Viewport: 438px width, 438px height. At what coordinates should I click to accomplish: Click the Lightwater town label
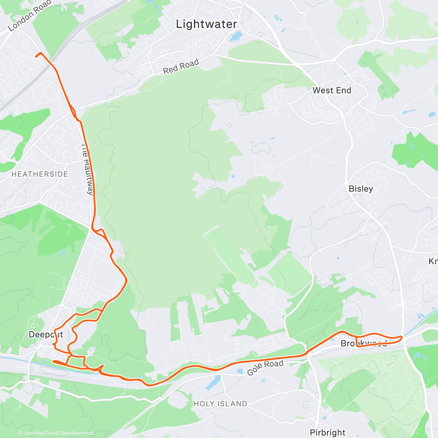point(206,24)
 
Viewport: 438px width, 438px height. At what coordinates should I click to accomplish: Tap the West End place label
point(332,90)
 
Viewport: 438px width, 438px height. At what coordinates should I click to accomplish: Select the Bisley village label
point(361,188)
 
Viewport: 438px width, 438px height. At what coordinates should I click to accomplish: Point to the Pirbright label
point(327,433)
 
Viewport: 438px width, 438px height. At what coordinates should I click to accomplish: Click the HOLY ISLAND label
point(220,404)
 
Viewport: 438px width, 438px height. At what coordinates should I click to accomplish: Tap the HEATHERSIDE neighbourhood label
point(40,174)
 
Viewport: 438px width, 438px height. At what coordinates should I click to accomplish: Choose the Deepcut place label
point(46,334)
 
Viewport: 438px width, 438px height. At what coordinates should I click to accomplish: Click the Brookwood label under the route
point(364,343)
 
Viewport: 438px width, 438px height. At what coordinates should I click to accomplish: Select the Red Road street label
point(181,66)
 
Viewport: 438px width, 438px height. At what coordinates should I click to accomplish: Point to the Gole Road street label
point(265,368)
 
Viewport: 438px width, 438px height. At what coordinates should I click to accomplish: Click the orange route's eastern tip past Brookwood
point(402,337)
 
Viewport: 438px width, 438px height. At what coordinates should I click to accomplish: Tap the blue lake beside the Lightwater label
point(235,36)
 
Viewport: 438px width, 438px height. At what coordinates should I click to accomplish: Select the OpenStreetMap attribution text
point(76,433)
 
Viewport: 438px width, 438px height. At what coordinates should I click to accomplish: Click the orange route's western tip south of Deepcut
point(54,361)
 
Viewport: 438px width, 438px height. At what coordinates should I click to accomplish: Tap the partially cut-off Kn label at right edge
point(433,261)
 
